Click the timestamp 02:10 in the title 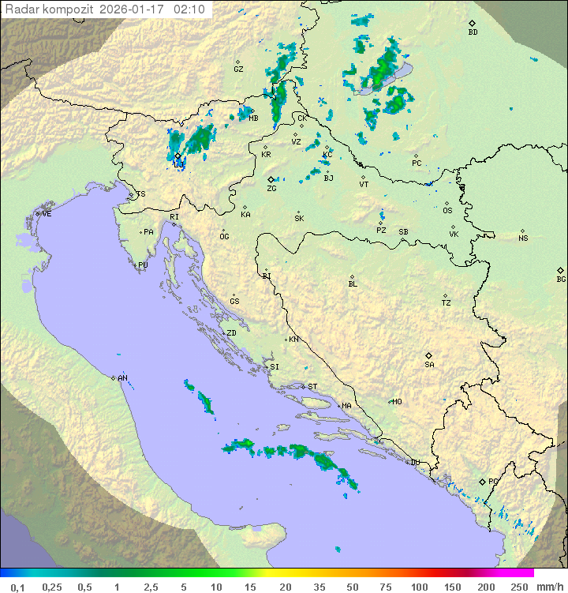(189, 9)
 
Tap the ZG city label (271, 189)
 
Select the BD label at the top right (473, 32)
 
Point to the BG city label (561, 279)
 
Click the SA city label (429, 364)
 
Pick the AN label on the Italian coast (122, 378)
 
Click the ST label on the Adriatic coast (312, 387)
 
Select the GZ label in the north (238, 69)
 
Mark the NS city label (523, 238)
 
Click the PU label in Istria (143, 265)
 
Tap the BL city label (353, 283)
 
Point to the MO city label (397, 402)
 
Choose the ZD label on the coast (231, 333)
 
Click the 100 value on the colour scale (419, 587)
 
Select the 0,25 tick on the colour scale (52, 587)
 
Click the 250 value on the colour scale (519, 587)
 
